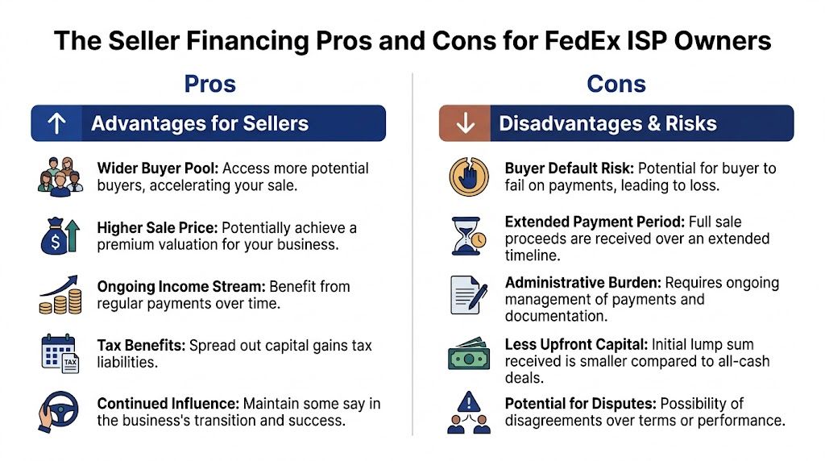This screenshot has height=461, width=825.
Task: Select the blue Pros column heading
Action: pos(210,84)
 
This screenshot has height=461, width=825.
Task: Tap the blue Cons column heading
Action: pos(616,84)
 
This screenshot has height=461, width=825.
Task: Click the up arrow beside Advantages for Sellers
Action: pos(57,123)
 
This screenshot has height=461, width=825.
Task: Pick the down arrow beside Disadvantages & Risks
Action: pos(466,123)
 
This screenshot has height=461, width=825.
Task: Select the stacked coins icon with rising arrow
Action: pos(60,295)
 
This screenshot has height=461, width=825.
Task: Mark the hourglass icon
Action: pos(468,236)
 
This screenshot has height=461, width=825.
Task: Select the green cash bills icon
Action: pos(468,354)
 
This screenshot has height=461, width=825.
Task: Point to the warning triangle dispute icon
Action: pos(468,412)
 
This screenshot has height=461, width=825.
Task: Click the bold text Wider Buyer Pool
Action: pos(157,168)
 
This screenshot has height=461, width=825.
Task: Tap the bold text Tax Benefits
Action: pos(141,345)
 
